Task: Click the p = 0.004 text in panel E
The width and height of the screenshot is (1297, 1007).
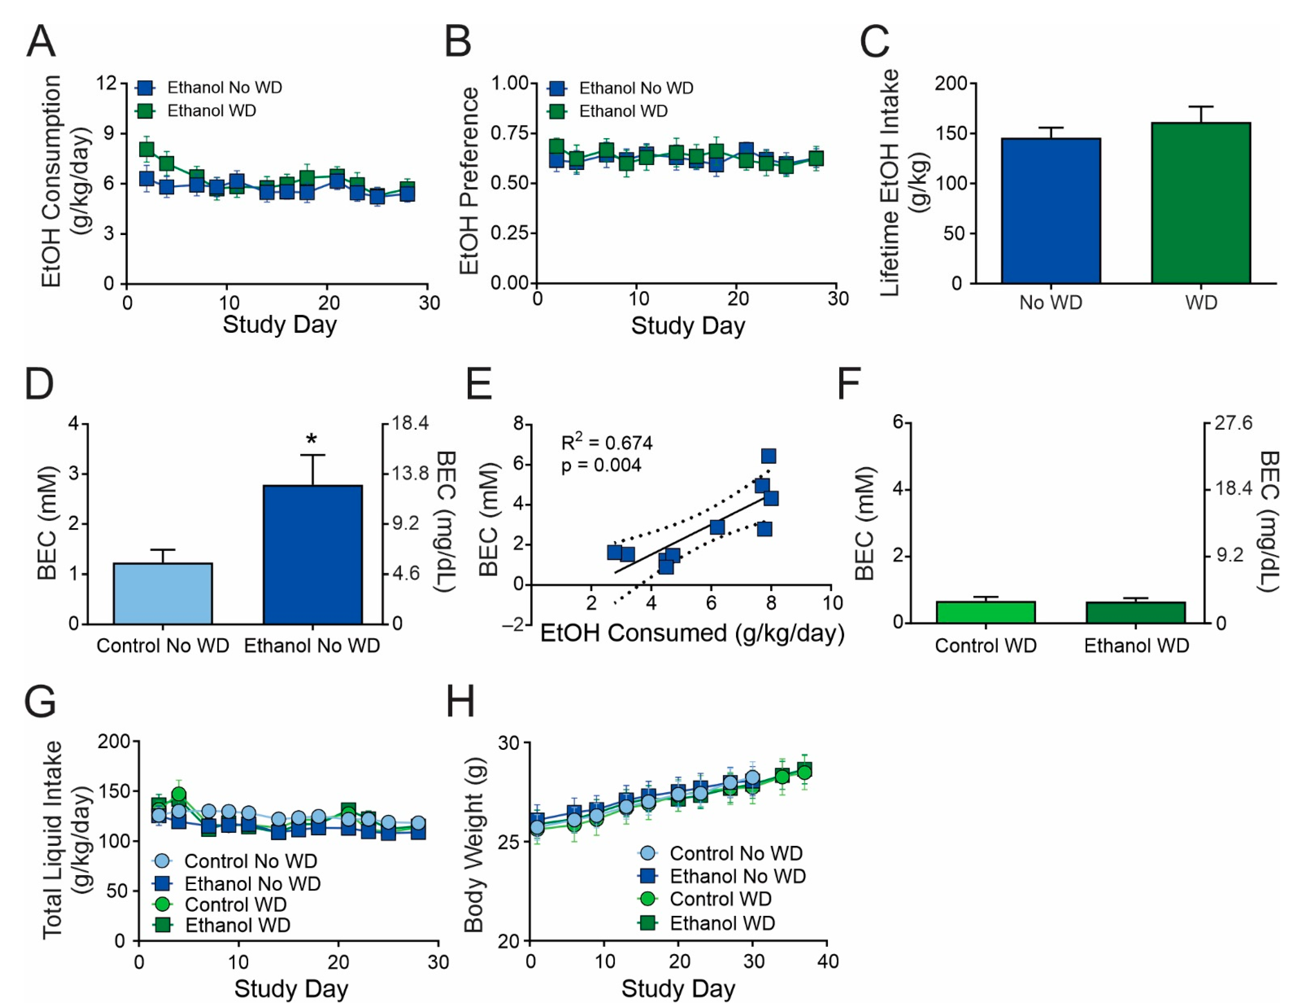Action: tap(601, 465)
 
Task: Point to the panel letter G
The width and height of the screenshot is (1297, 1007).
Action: tap(40, 702)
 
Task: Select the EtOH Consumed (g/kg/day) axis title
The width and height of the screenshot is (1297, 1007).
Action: tap(692, 633)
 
